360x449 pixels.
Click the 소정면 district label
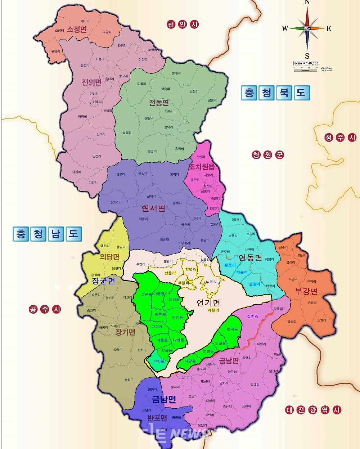(77, 30)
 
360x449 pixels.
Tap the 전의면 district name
(91, 82)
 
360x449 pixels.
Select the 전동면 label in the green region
(159, 103)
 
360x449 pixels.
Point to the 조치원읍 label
(202, 166)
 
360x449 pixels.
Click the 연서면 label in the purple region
(153, 208)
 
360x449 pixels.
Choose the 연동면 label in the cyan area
(250, 257)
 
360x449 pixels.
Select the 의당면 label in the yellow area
(109, 257)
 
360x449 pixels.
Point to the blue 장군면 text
(103, 281)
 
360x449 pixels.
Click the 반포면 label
(157, 418)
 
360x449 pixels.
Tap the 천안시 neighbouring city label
(183, 24)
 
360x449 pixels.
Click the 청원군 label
(268, 155)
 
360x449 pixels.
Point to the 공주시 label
(45, 309)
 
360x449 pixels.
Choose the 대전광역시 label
(313, 410)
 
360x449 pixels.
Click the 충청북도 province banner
(275, 93)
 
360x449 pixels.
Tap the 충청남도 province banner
(47, 234)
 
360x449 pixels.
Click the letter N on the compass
(307, 3)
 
